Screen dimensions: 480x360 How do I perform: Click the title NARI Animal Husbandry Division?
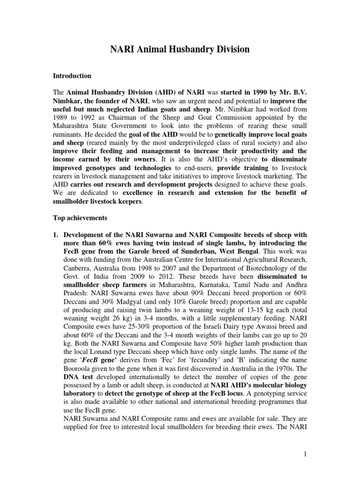(180, 49)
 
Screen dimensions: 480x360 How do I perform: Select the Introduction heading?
(71, 75)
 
